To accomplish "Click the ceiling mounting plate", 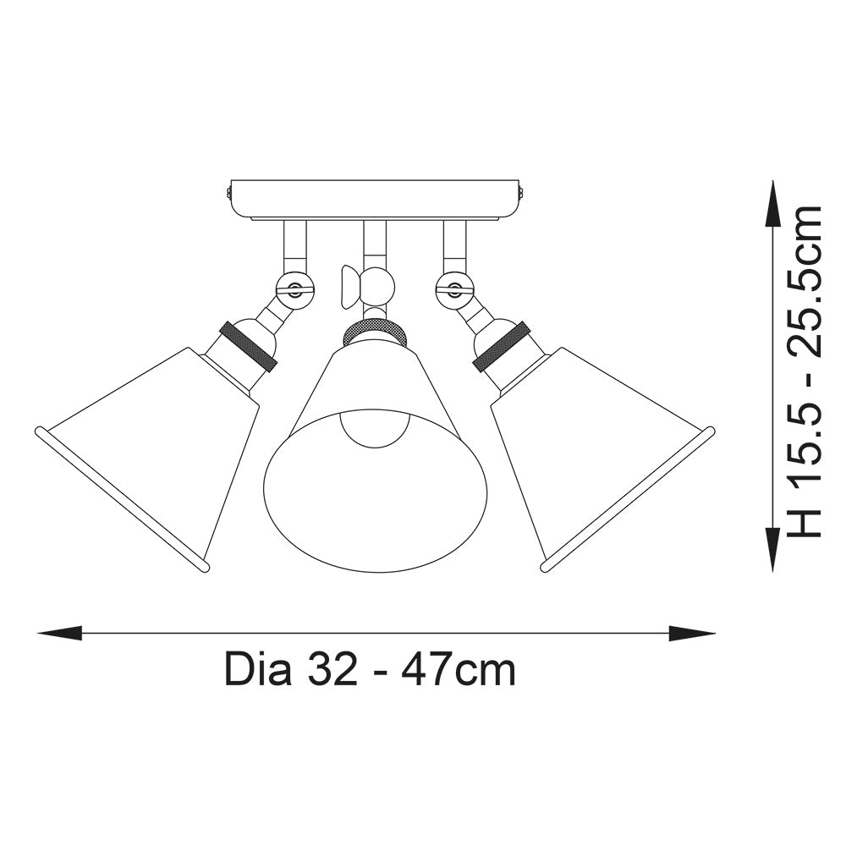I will tap(375, 199).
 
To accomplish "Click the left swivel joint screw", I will tap(294, 289).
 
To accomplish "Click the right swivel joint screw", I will tap(455, 289).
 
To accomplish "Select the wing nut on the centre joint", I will tap(347, 286).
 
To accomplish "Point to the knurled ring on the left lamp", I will tap(248, 347).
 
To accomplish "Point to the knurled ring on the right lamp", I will tap(502, 347).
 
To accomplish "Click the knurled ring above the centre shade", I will tap(374, 332).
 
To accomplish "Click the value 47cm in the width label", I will tap(458, 671).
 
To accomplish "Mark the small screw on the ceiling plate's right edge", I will tap(524, 194).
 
